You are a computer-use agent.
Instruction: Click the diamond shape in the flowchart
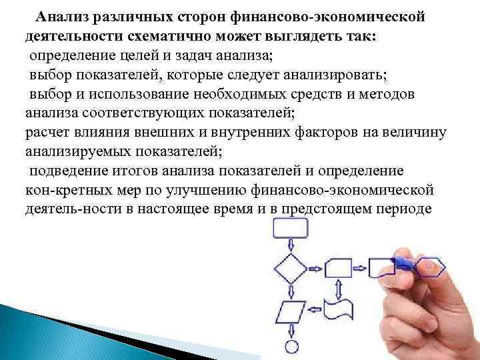pos(291,269)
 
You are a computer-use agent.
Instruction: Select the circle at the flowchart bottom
pos(291,347)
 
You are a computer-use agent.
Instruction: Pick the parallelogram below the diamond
pos(291,311)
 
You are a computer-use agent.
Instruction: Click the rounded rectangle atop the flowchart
pos(291,229)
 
